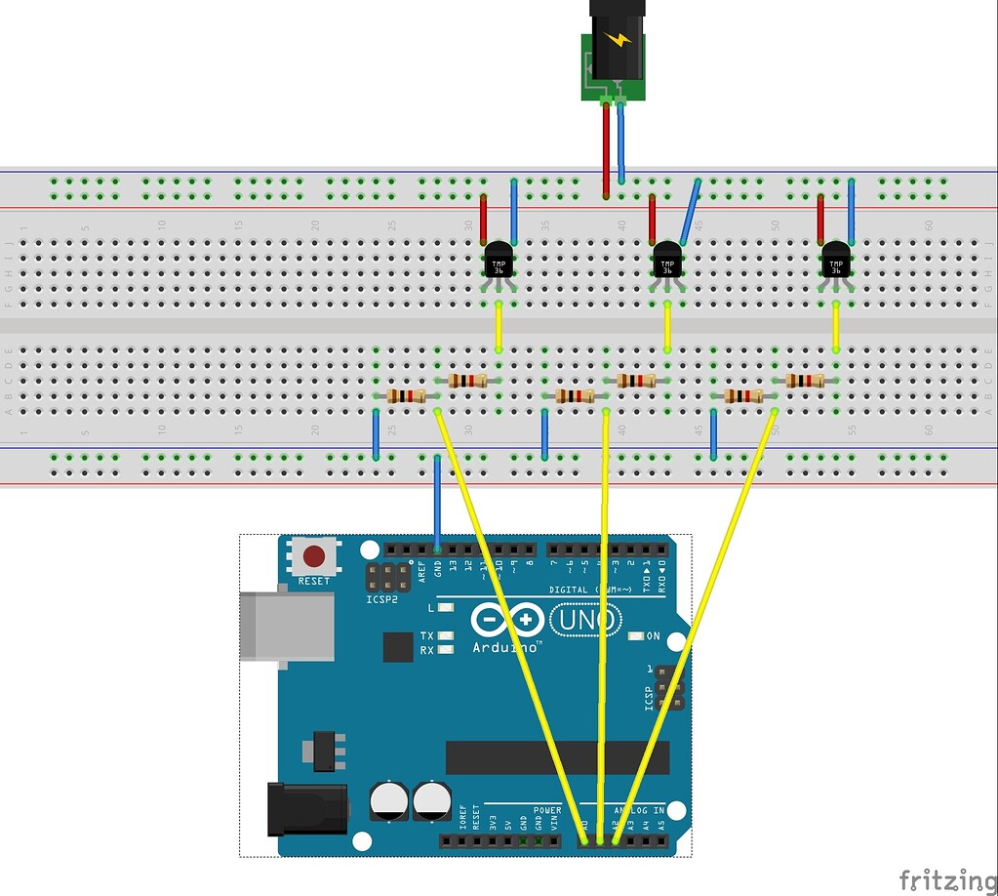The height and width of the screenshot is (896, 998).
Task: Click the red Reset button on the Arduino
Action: pos(314,556)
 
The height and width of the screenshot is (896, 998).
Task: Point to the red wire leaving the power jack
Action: pos(606,146)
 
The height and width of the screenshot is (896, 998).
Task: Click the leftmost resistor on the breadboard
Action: pos(406,395)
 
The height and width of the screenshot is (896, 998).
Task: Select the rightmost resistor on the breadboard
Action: pos(805,380)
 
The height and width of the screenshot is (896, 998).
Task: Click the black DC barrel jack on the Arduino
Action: pos(306,808)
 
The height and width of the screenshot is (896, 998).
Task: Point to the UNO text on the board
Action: pos(585,620)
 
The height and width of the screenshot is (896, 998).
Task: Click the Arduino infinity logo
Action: pos(507,620)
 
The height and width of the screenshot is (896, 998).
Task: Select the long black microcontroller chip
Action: pos(557,757)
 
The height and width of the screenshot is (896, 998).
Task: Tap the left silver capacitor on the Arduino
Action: pos(389,799)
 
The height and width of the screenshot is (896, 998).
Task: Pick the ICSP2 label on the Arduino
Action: pos(381,599)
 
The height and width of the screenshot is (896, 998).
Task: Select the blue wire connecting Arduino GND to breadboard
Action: pos(437,503)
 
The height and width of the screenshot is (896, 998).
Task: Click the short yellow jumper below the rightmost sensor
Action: pos(836,327)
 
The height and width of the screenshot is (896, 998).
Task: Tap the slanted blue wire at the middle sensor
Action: pos(690,212)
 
